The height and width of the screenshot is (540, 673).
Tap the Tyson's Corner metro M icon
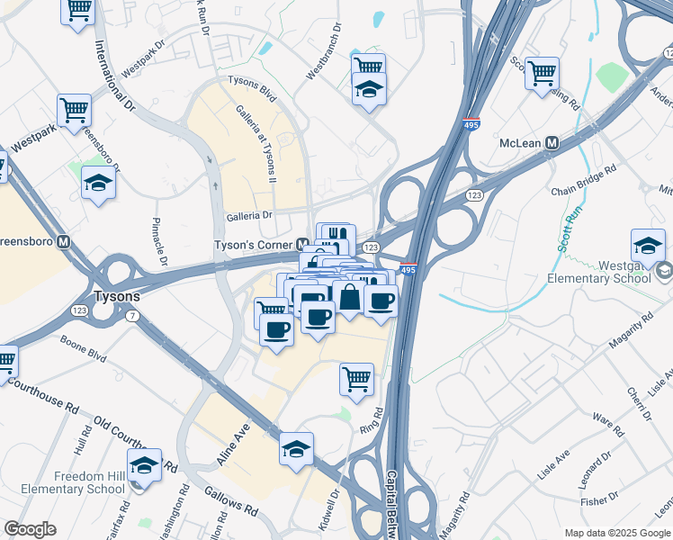[x=307, y=245]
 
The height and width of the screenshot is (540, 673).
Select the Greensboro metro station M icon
[x=63, y=242]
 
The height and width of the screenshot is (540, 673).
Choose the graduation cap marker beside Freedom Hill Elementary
[x=144, y=466]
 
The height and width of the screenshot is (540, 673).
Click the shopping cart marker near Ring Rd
[x=357, y=379]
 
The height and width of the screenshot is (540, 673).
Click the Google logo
[x=30, y=529]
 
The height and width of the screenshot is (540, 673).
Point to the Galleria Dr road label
[x=249, y=216]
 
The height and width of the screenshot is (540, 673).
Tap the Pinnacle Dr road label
[x=161, y=242]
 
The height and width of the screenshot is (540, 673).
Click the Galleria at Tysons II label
[x=256, y=144]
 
